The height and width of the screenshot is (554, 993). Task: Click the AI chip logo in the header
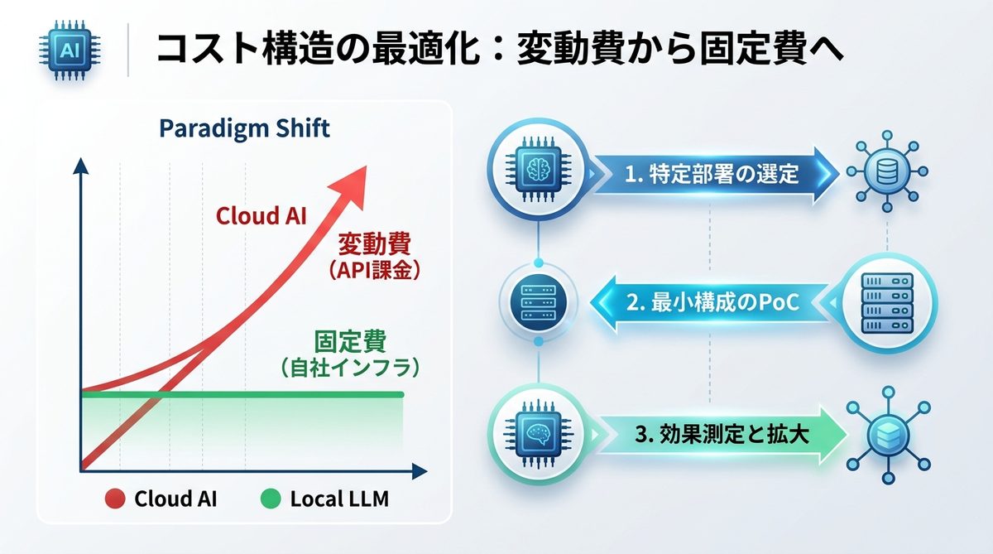67,52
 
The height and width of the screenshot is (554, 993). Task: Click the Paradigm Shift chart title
243,129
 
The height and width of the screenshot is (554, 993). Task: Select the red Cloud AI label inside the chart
261,216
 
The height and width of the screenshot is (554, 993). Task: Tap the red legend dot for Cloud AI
116,499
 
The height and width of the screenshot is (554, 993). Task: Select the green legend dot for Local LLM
270,499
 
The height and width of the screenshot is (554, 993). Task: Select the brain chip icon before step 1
539,171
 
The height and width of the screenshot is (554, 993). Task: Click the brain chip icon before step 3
539,432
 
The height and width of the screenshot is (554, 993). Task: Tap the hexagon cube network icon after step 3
886,434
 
